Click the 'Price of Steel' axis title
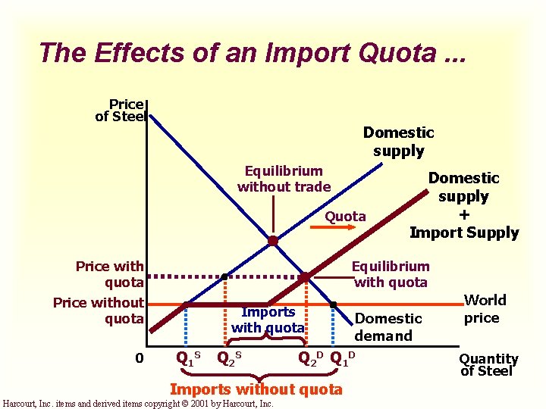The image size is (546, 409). click(x=120, y=110)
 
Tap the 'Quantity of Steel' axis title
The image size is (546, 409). click(x=489, y=364)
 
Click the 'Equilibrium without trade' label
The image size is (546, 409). click(x=284, y=179)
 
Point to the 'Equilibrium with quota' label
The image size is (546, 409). click(x=391, y=274)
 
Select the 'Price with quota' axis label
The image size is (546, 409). click(x=109, y=274)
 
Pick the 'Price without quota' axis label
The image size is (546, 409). click(x=99, y=311)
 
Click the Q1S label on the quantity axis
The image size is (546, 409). click(x=187, y=357)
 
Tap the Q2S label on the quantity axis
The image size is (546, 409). click(x=229, y=357)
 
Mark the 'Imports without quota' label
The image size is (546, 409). click(x=256, y=389)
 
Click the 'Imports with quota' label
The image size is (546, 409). click(x=268, y=320)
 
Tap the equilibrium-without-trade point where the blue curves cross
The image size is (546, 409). click(x=272, y=242)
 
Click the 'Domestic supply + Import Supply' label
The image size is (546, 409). click(x=464, y=205)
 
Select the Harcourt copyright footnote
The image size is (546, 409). click(x=139, y=404)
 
